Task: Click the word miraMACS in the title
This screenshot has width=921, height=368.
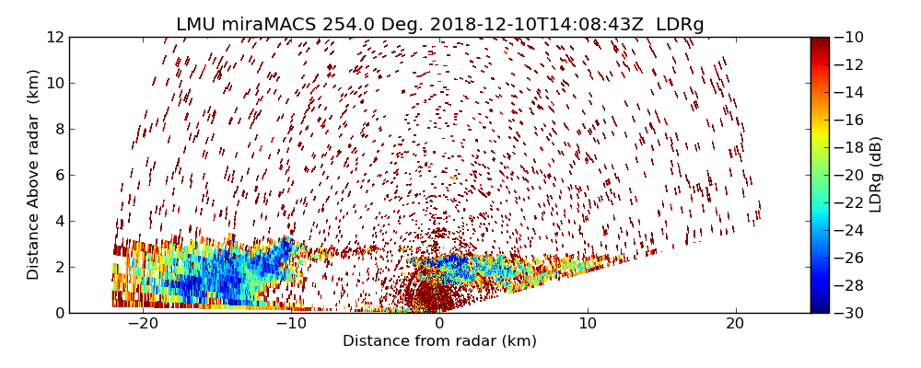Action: (267, 25)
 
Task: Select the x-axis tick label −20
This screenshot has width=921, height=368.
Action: (143, 324)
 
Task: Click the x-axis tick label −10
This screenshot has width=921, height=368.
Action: (291, 324)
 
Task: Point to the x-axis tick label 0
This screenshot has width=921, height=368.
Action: (439, 324)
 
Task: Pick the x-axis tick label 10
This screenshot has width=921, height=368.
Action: (588, 324)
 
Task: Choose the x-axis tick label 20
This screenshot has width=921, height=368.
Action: (736, 324)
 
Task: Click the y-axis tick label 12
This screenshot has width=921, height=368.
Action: (53, 37)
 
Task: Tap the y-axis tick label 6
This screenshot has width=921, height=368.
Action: (58, 175)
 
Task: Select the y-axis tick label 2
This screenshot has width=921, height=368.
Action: (58, 267)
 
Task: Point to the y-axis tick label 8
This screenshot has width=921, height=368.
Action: (58, 129)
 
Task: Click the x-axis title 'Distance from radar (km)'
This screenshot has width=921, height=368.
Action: (439, 341)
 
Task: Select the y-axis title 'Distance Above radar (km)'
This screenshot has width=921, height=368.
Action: (34, 175)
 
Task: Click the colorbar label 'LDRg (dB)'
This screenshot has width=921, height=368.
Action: (876, 175)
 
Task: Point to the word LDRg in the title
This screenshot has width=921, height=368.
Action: (680, 25)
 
